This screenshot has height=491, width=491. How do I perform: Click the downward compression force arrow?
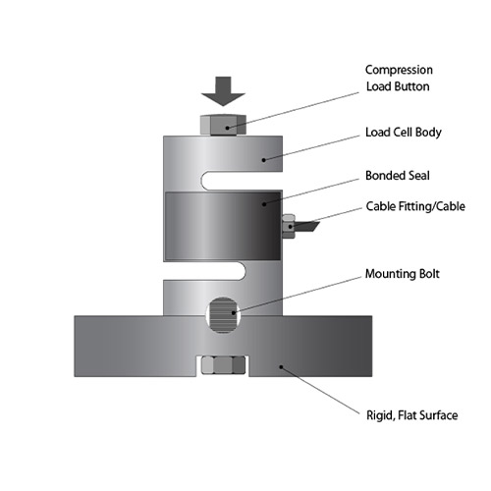(223, 91)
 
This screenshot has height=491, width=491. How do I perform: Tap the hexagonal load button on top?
(223, 125)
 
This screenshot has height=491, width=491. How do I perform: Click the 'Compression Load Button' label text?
(399, 78)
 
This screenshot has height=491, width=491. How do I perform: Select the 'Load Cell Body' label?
(404, 133)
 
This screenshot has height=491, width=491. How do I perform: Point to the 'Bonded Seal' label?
(398, 176)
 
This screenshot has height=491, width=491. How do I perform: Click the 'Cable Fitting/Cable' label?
(415, 206)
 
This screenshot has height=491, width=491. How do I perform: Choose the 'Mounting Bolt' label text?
(403, 274)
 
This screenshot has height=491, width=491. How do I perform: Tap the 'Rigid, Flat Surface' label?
(411, 415)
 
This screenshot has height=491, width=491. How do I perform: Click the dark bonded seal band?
(223, 226)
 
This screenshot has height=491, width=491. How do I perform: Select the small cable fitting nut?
(289, 226)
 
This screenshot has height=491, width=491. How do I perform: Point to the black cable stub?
(306, 226)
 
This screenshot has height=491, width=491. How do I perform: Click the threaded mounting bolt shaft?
(223, 315)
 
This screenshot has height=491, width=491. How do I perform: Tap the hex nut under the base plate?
(223, 365)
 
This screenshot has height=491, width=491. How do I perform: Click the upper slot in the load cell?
(242, 181)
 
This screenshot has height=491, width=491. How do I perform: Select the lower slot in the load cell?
(204, 270)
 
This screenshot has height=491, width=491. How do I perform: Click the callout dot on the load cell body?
(264, 160)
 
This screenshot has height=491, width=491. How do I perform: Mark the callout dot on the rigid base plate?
(281, 367)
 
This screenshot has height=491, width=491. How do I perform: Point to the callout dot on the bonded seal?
(264, 204)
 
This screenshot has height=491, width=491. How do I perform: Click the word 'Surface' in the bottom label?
(438, 415)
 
